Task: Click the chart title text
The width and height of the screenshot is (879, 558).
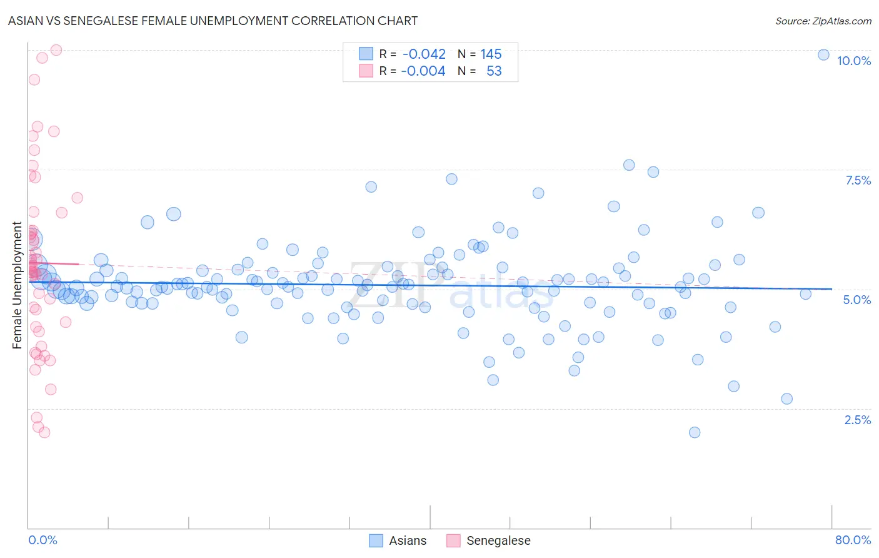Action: click(x=213, y=21)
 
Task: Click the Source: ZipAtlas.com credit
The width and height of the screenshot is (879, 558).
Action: click(x=823, y=21)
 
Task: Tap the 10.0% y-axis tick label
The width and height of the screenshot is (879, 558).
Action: click(x=853, y=61)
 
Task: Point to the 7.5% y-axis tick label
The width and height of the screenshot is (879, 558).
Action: click(x=858, y=180)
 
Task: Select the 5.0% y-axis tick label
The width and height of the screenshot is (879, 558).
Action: click(x=856, y=300)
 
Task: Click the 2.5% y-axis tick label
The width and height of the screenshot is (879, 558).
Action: click(x=857, y=420)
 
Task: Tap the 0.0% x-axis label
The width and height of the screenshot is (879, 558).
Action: click(x=43, y=540)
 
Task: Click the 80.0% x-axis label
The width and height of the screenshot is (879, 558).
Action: click(x=853, y=540)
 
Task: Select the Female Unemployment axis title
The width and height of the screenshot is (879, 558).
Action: click(x=17, y=285)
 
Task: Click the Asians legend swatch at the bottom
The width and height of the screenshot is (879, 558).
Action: click(x=376, y=540)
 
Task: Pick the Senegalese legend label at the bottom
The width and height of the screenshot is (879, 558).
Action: click(x=498, y=540)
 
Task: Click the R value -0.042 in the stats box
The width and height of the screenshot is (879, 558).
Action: click(x=424, y=54)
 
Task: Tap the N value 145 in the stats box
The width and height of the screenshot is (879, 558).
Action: click(x=491, y=54)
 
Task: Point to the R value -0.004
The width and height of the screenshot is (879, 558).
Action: click(x=424, y=71)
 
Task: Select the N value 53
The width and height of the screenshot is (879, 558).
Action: click(x=494, y=71)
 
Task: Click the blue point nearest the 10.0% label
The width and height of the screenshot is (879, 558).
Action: click(x=823, y=54)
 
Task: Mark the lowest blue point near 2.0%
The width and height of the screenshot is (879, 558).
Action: click(x=694, y=432)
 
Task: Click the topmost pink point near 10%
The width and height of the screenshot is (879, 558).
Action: click(x=56, y=50)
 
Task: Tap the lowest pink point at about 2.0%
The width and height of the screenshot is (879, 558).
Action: click(x=44, y=432)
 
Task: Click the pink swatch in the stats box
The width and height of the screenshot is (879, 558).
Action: click(x=366, y=71)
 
